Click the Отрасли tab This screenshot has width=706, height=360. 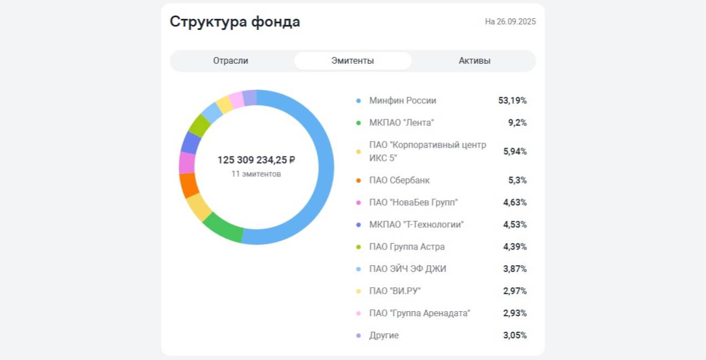click(230, 61)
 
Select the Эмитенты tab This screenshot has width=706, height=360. click(352, 61)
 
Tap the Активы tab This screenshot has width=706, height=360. click(475, 61)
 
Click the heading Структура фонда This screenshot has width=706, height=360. click(235, 22)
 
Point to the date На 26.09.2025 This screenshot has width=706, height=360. click(510, 22)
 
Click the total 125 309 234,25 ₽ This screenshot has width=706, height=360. click(256, 160)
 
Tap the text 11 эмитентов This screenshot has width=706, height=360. click(256, 174)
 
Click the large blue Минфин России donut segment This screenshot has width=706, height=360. click(325, 166)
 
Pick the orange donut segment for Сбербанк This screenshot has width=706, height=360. click(189, 185)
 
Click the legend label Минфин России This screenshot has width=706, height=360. click(402, 101)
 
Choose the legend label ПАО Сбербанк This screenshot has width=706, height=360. click(399, 180)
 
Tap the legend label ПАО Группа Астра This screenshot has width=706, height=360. click(407, 247)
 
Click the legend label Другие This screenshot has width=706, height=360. click(384, 336)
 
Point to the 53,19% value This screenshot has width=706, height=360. click(512, 101)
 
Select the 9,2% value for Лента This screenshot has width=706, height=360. click(517, 123)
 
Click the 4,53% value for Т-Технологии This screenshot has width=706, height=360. click(515, 225)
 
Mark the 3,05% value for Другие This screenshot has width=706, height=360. click(515, 336)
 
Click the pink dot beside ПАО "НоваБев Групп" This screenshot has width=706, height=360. click(359, 202)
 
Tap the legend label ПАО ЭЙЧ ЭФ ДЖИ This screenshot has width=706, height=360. click(407, 269)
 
